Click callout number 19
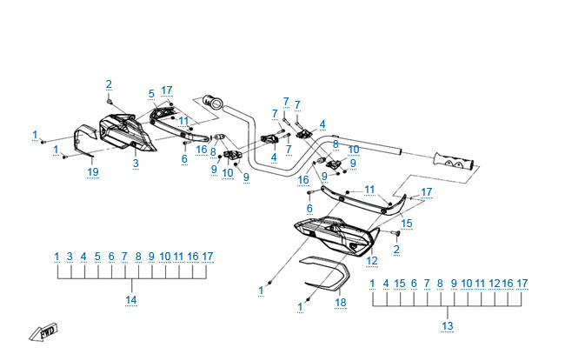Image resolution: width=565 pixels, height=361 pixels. [93, 171]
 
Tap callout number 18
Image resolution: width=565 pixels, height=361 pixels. [341, 302]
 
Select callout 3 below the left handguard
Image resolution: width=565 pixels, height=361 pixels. [136, 163]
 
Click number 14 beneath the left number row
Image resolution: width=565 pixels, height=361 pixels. [130, 300]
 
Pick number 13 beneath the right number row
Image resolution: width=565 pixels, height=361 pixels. [447, 326]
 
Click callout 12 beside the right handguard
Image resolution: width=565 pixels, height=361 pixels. [371, 260]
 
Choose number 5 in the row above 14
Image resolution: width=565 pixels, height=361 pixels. [97, 257]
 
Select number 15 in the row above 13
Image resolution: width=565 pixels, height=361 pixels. [400, 284]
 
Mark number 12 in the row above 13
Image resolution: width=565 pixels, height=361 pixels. [495, 284]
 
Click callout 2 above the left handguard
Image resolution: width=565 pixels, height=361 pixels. [109, 84]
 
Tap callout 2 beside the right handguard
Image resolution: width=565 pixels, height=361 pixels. [396, 250]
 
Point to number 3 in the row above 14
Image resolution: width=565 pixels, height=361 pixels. [70, 257]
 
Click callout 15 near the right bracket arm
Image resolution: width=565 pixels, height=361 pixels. [407, 224]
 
